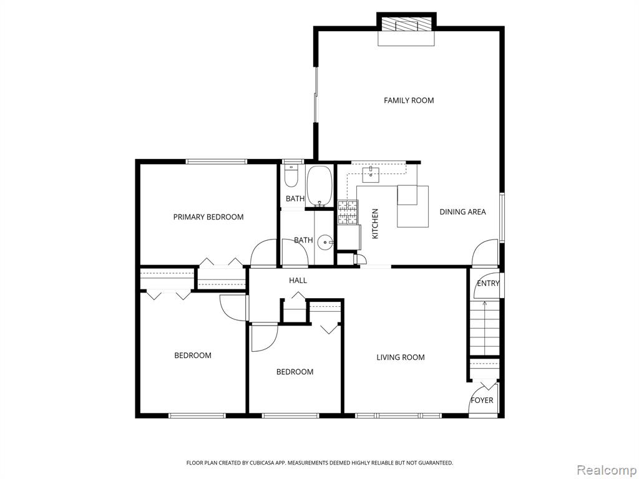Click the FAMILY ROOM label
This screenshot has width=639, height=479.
point(409,100)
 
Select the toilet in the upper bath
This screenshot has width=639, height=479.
point(291,175)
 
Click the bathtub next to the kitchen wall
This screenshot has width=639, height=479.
point(320,186)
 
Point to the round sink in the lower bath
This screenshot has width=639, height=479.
point(324,243)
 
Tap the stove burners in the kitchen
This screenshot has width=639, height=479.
point(348,212)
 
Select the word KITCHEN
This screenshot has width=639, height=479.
point(375,224)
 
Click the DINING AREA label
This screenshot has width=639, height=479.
point(462,212)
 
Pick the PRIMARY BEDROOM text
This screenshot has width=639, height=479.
point(208,217)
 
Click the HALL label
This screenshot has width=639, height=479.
point(298,280)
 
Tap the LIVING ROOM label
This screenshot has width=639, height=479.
point(401,357)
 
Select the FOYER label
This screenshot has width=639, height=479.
point(482,400)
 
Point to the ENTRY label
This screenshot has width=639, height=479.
point(488,283)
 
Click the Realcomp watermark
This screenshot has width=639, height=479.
point(607,470)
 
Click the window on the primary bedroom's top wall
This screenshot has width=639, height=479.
point(217,162)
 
